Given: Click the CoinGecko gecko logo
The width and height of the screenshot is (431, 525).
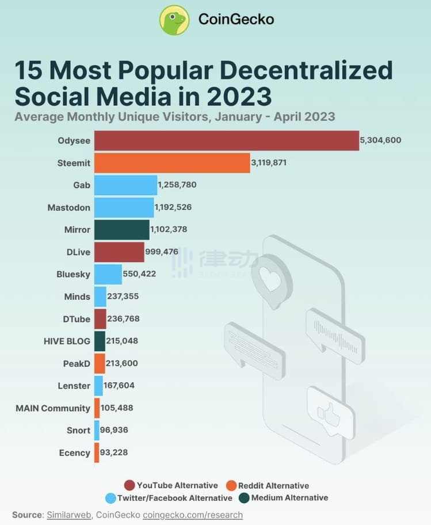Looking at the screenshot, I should pos(174,20).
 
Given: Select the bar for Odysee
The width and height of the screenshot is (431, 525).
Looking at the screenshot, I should pos(226,140).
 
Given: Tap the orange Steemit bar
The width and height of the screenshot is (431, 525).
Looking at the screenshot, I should pos(172,163).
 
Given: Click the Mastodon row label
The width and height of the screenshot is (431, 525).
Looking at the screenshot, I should pos(68,207).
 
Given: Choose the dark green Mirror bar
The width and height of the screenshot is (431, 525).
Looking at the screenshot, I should pos(121,230).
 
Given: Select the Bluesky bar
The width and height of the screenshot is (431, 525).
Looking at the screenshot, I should pos(108,274).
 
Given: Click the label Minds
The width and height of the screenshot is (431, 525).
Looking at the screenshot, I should pos(77,296).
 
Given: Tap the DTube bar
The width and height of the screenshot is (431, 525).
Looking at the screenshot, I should pos(100,319).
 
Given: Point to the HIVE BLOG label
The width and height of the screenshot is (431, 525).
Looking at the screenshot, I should pos(67,341).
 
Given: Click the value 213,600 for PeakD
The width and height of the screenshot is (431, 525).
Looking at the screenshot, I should pos(122,363).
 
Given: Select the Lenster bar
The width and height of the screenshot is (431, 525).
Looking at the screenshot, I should pos(98,386).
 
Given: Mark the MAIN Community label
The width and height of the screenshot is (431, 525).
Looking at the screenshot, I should pos(53,408).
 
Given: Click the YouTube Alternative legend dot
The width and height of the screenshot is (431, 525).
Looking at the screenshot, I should pos(129,485).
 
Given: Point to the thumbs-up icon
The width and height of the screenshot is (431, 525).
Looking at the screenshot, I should pos(329,411).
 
